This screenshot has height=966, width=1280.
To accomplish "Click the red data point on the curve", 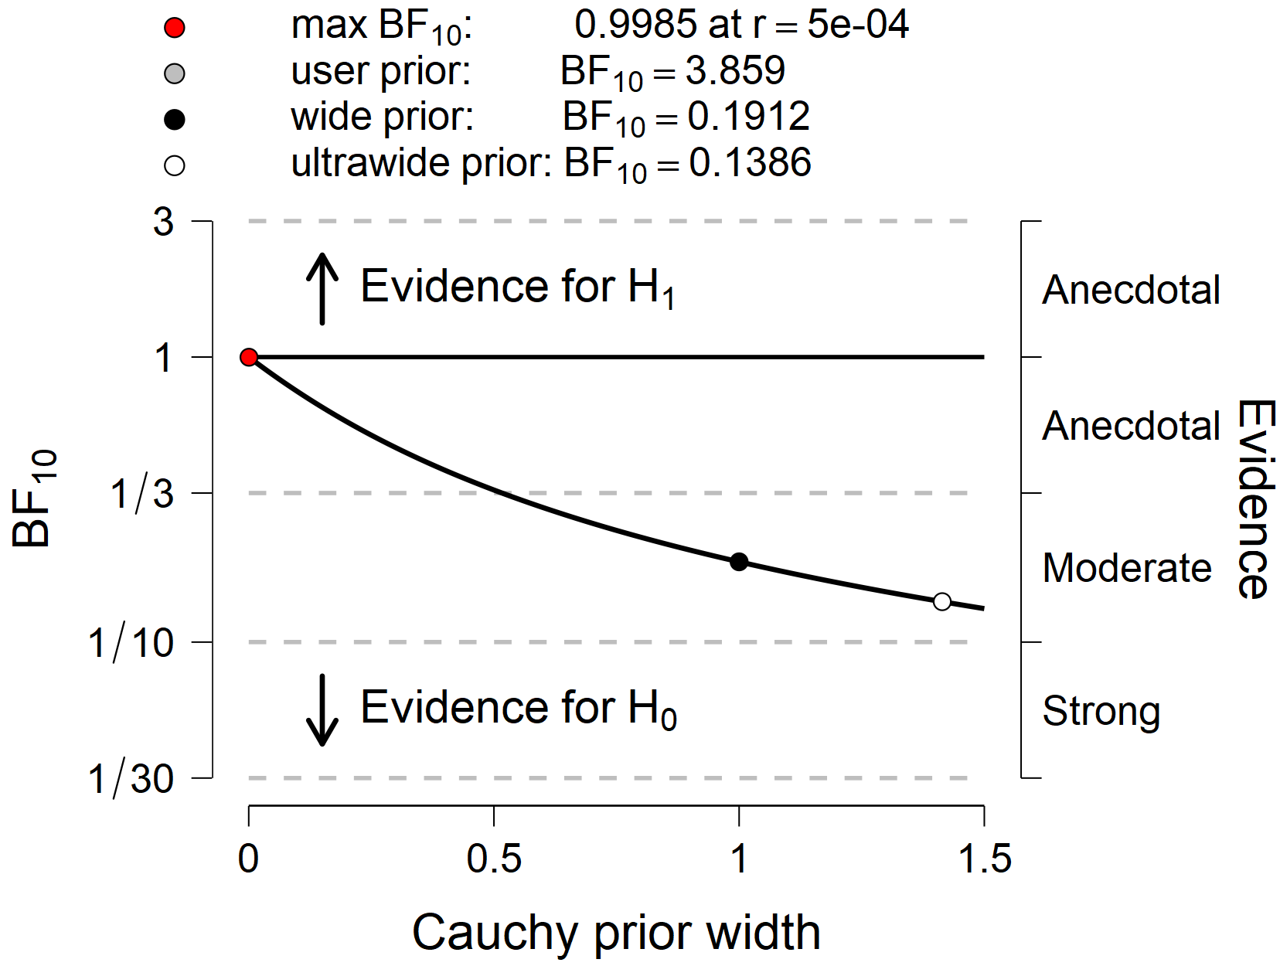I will point(248,357).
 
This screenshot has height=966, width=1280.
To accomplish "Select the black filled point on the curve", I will point(739,562).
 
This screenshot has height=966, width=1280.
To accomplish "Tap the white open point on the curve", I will point(941,601).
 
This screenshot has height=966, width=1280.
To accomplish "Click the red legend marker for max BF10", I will point(175,29).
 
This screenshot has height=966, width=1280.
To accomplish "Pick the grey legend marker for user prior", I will point(175,74).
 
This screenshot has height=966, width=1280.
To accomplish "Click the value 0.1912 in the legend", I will point(748,117).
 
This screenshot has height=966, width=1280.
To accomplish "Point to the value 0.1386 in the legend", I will point(750,163).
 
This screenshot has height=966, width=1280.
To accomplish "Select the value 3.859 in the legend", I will point(735,71).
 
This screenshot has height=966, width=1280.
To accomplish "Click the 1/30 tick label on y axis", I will point(131,779).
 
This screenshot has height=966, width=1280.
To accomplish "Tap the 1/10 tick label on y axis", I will point(131,643).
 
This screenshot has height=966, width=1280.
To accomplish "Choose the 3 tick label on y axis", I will point(163,223).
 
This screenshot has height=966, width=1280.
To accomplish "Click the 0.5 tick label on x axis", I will point(493,859).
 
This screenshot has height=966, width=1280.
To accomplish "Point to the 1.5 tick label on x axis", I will point(984,859).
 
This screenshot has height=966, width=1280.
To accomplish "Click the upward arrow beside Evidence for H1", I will point(322,289).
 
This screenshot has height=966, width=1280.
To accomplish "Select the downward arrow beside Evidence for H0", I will point(322,709).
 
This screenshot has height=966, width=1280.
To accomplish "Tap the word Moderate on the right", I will point(1126,568).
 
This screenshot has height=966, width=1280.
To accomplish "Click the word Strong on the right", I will point(1101,711).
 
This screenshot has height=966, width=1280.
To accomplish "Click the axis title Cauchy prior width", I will point(615,933).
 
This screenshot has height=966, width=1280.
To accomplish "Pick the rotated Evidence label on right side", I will point(1254,499).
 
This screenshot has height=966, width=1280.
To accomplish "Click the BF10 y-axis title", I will point(34,499).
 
